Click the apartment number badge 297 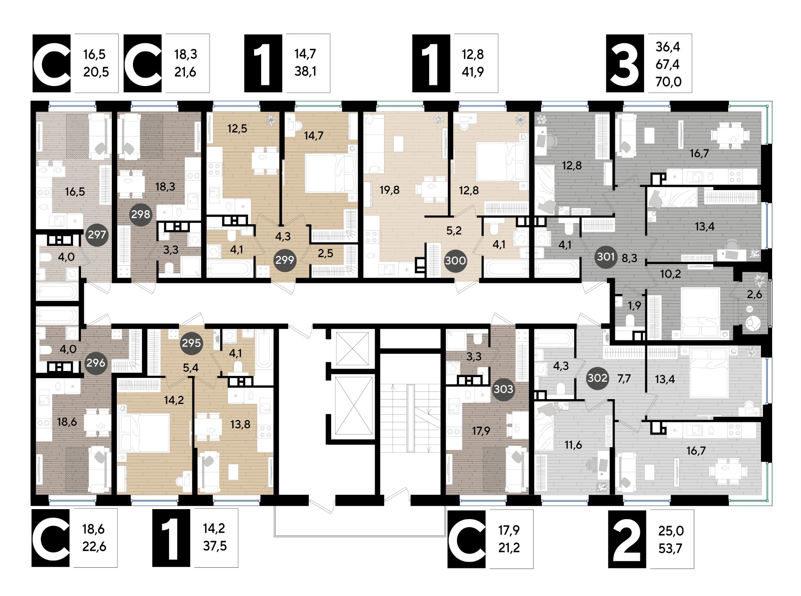click(97, 235)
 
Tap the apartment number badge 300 click(455, 261)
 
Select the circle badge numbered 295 click(191, 343)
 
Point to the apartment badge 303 click(503, 389)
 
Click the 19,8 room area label click(390, 190)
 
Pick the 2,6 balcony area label click(754, 295)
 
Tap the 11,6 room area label click(573, 445)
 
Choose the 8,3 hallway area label click(629, 258)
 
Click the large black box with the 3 click(625, 64)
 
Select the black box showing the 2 click(627, 539)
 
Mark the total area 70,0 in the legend click(668, 82)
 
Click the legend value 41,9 click(473, 72)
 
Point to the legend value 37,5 click(215, 546)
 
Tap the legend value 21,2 click(509, 548)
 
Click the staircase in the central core click(410, 418)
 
